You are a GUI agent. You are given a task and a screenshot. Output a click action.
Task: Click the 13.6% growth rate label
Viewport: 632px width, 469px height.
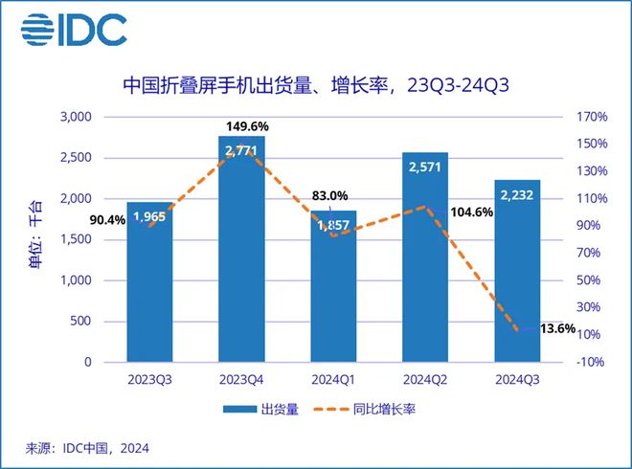point(556,328)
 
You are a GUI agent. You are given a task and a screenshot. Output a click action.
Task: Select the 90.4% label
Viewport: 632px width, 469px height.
point(106,219)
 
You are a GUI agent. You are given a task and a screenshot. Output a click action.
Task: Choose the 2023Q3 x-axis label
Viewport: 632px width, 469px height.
point(150,379)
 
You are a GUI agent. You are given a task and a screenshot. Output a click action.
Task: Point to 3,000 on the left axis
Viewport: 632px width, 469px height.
point(75,117)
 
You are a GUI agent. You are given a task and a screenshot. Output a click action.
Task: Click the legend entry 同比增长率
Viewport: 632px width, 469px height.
point(379,410)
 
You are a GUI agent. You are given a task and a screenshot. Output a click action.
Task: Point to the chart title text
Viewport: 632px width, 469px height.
point(315,84)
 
